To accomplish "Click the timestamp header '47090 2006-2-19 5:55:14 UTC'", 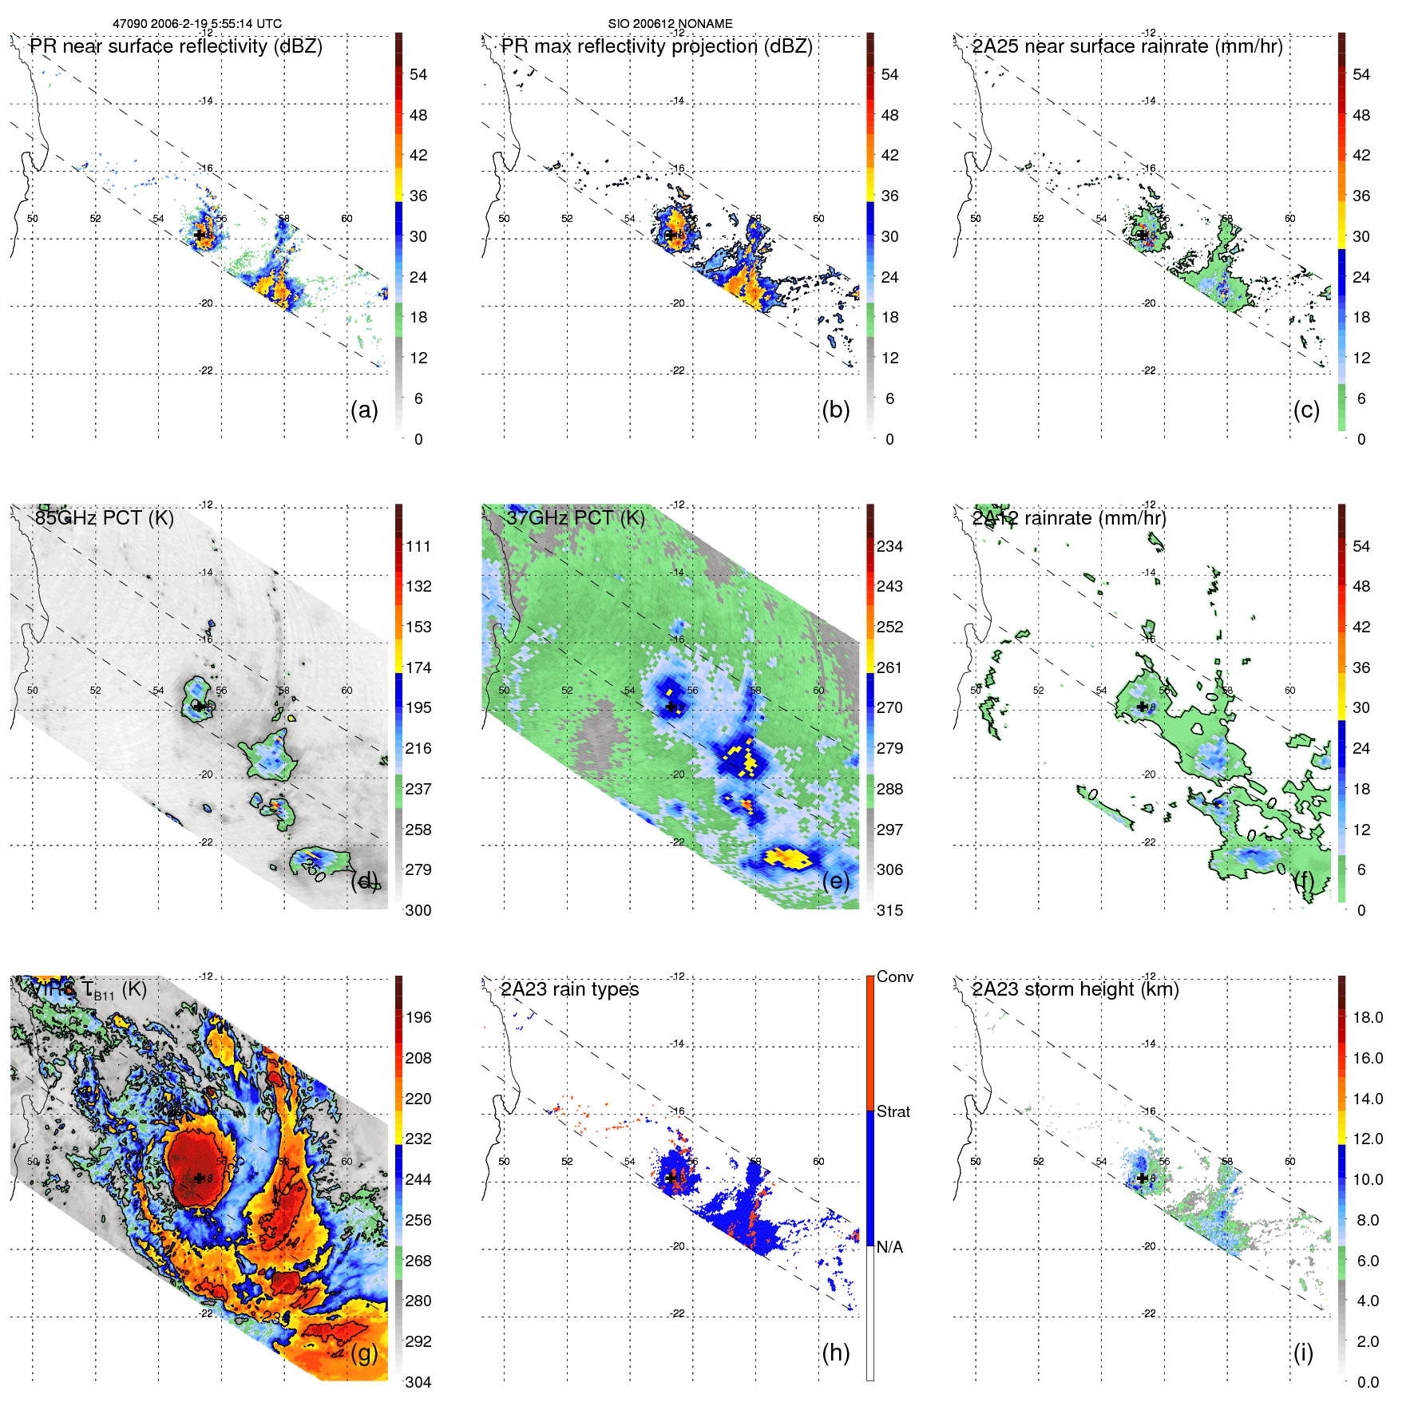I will click(196, 24).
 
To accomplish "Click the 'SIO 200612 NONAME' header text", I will click(670, 24).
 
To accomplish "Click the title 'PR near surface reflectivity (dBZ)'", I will click(176, 46).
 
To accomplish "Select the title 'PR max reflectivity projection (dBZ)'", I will click(656, 46).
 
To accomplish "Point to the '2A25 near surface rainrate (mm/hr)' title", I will click(1127, 46).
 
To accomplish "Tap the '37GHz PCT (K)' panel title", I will click(575, 518).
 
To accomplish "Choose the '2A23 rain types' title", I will click(569, 989).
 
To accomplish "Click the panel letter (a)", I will click(364, 410).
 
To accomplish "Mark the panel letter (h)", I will click(835, 1353).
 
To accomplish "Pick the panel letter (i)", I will click(1303, 1353).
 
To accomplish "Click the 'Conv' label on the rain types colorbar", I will click(895, 976).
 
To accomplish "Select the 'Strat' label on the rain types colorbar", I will click(893, 1111).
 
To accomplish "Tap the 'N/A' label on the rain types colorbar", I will click(889, 1247).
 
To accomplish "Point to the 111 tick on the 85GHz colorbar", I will click(418, 546).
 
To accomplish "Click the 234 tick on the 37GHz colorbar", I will click(889, 546).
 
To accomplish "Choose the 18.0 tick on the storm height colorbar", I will click(1368, 1017).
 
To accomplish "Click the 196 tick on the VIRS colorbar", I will click(418, 1017).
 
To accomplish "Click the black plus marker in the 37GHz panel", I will click(671, 707).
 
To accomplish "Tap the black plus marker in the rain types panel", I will click(671, 1178).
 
